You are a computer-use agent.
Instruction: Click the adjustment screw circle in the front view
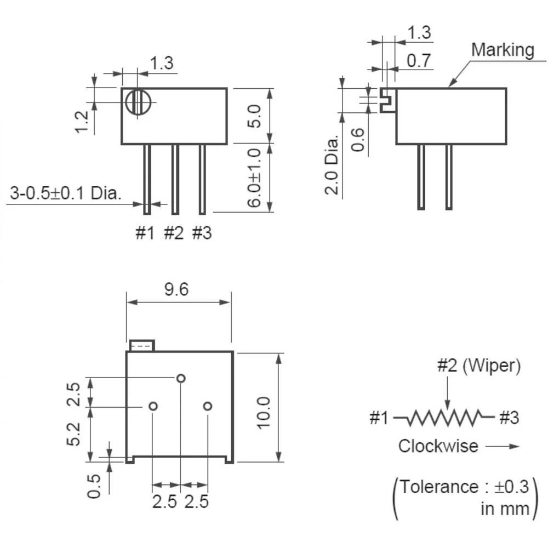point(137,102)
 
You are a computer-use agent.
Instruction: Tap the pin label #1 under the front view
point(145,233)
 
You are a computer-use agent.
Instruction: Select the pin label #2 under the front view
point(174,233)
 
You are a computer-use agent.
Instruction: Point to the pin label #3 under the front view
point(202,233)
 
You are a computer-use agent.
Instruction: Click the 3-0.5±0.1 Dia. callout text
point(66,192)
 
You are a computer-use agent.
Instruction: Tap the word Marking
point(503,50)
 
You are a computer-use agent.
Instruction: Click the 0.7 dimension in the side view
point(419,60)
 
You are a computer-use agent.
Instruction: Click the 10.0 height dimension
point(264,413)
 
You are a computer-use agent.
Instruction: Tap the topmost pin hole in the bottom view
point(180,378)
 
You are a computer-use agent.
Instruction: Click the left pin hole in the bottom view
point(153,406)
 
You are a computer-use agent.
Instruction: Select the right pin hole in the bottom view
point(207,406)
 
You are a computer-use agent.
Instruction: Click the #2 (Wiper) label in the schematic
point(478,366)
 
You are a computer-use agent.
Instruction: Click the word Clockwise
point(438,446)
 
